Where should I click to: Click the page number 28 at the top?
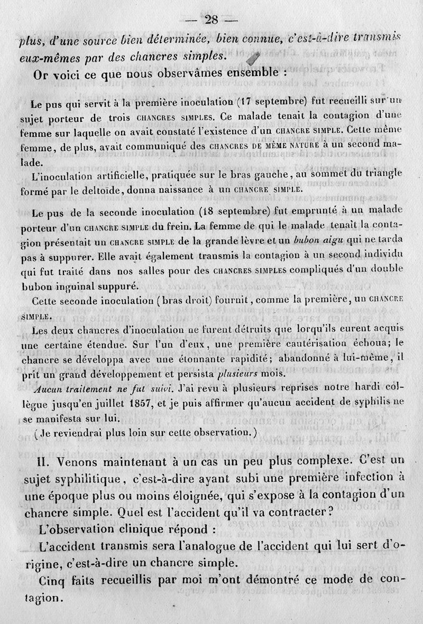click(212, 20)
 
